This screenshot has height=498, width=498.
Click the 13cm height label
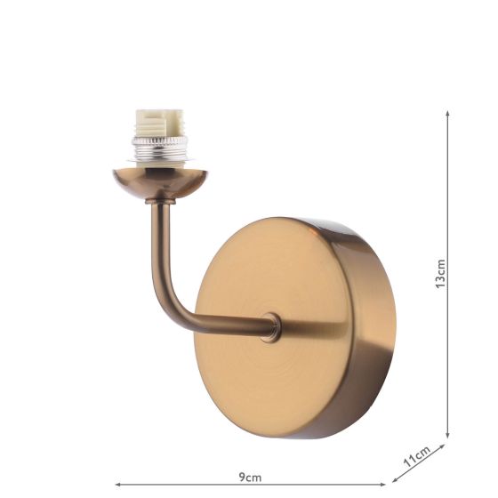tap(441, 274)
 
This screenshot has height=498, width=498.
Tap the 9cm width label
tap(250, 478)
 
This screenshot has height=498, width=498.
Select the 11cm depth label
tap(417, 456)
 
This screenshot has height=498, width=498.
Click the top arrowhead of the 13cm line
tap(447, 113)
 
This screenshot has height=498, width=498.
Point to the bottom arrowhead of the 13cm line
tap(447, 436)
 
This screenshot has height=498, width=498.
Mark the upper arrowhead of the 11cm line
tap(442, 446)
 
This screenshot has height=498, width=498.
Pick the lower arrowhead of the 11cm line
tap(395, 479)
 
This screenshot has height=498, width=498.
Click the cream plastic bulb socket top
tap(158, 124)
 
